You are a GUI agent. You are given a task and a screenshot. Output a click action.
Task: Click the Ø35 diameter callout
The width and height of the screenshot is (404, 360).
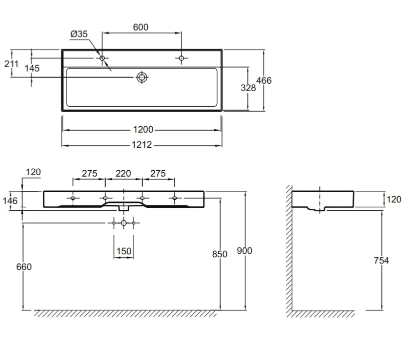[79, 34]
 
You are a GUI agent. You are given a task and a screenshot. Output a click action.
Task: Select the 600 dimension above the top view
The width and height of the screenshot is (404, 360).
[141, 27]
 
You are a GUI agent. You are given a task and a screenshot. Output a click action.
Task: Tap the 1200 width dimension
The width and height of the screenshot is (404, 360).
[143, 129]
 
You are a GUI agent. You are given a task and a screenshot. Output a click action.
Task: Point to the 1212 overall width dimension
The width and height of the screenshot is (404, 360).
[142, 145]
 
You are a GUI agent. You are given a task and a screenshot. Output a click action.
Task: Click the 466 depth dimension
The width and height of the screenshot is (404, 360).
[264, 81]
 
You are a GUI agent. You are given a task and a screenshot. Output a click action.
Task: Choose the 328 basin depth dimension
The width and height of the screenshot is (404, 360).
[248, 88]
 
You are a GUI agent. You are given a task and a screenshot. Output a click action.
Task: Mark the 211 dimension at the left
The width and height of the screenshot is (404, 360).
[12, 64]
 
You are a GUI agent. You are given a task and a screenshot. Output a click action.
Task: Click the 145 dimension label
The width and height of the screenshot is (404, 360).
[32, 68]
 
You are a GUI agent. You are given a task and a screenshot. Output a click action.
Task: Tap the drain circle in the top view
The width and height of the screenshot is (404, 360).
[142, 77]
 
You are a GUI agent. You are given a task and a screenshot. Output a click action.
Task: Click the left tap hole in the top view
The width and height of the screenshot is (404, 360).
[102, 58]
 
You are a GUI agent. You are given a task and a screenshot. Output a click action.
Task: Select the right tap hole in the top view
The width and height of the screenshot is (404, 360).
[181, 58]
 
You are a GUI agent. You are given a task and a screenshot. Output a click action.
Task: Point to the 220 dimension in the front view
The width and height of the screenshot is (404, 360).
[123, 173]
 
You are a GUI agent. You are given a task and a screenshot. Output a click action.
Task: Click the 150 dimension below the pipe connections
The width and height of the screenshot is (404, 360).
[124, 251]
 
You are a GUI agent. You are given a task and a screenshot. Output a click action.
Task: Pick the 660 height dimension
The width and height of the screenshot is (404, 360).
[24, 267]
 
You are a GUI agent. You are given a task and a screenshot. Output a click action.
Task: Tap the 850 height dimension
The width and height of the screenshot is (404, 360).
[219, 254]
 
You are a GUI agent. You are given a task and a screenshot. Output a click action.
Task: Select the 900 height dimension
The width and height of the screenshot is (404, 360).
[244, 250]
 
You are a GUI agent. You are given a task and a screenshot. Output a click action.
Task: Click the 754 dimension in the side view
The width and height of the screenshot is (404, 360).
[381, 260]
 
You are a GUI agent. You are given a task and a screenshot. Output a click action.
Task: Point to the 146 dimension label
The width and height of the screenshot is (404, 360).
[10, 200]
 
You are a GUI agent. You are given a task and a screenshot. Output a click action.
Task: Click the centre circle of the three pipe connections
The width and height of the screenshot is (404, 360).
[124, 223]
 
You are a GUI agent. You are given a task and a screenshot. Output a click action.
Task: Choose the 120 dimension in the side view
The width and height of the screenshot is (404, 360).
[394, 199]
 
